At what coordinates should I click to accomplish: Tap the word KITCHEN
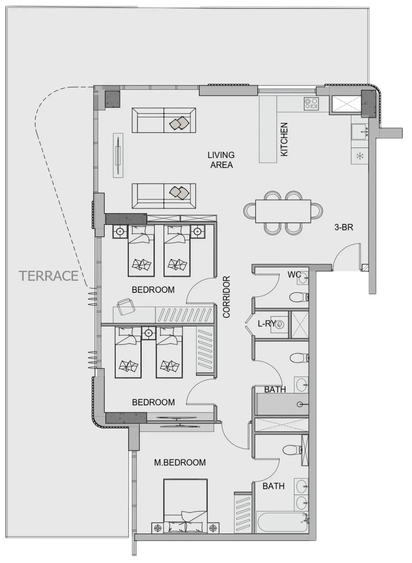tap(284, 139)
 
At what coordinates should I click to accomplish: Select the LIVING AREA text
tap(221, 160)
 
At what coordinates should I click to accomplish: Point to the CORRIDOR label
tap(226, 297)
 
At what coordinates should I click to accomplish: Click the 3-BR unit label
tap(344, 227)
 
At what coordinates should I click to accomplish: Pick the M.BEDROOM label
tap(180, 463)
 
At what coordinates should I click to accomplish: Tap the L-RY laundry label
tap(267, 323)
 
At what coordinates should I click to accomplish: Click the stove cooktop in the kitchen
tap(312, 103)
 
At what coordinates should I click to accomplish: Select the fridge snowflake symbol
tap(360, 156)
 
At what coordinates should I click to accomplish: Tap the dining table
tap(283, 211)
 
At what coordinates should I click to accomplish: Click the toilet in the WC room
tap(299, 298)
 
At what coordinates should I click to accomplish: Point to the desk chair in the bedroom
tap(125, 307)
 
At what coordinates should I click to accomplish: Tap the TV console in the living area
tap(118, 155)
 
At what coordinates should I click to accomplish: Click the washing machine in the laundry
tap(280, 325)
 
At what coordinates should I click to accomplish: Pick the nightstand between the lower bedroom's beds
tap(148, 333)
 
